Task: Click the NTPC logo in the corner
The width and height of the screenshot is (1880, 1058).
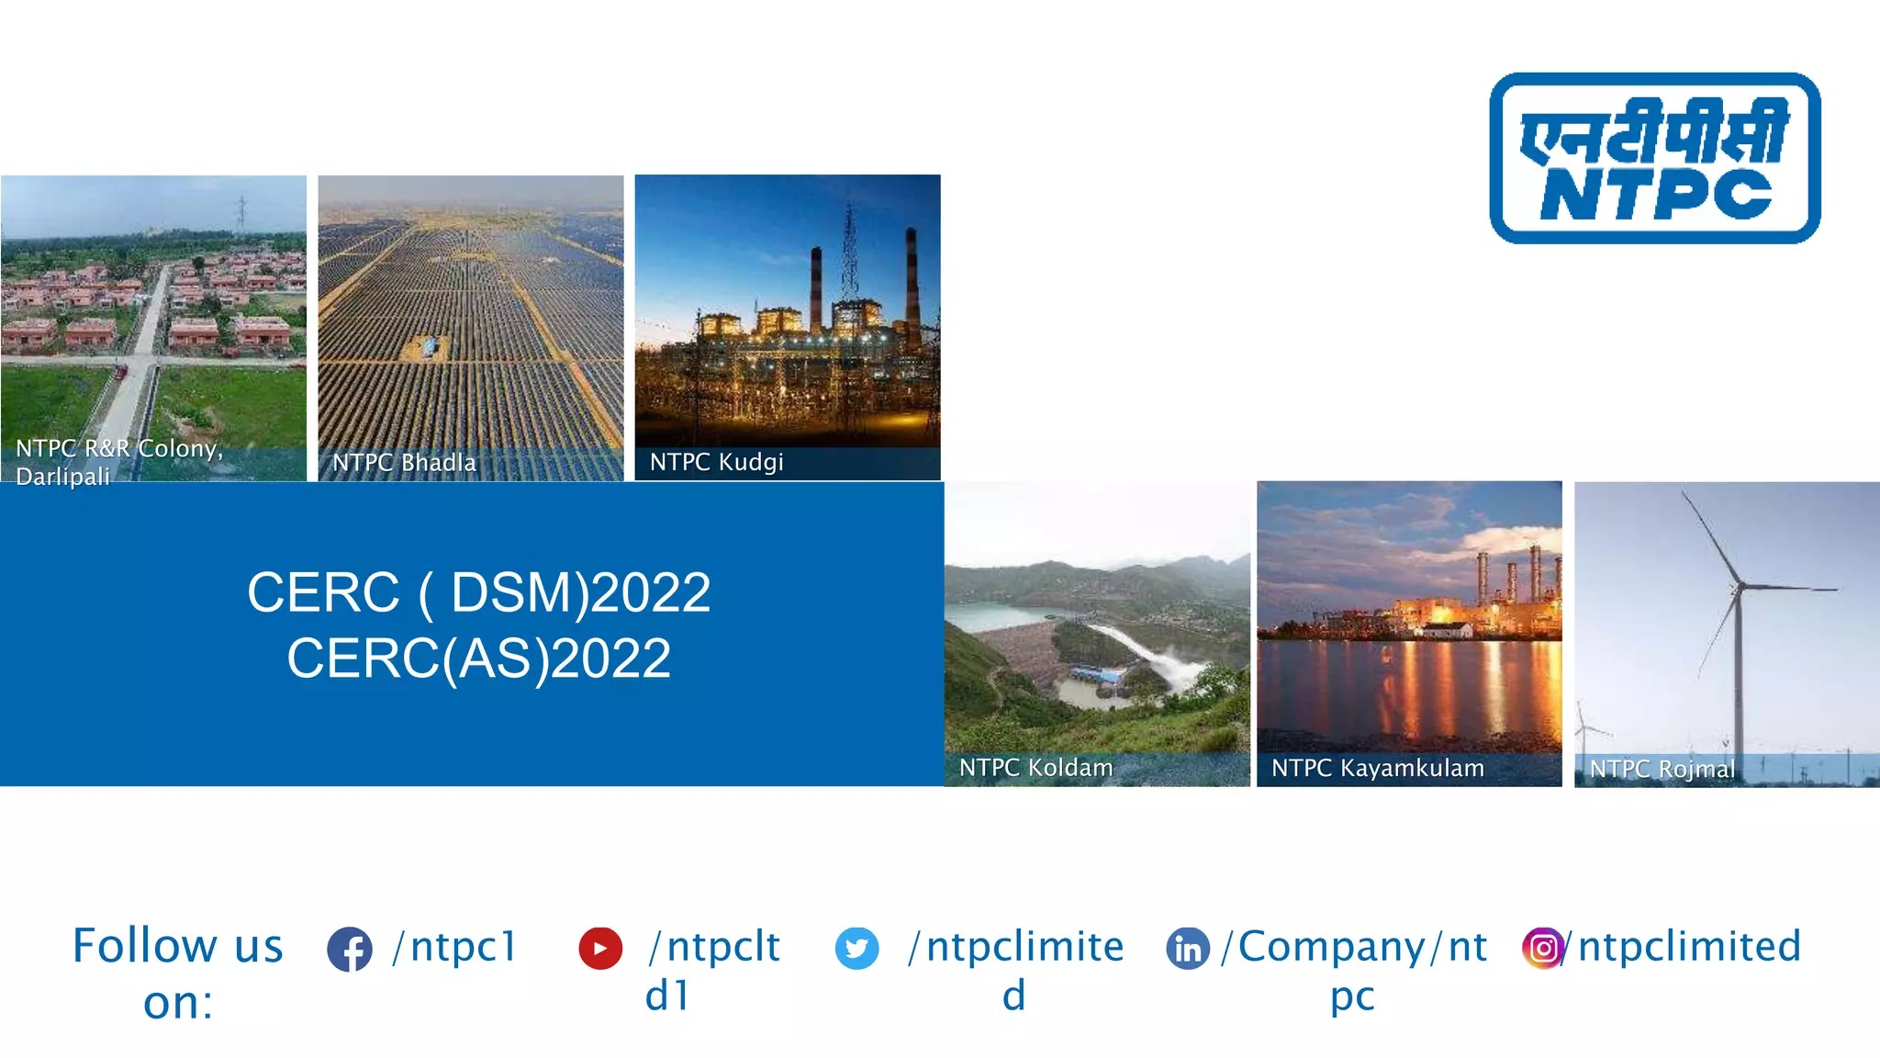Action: click(x=1654, y=158)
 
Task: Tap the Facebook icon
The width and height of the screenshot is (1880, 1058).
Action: click(x=350, y=949)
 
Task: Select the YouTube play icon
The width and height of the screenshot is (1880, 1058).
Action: click(x=600, y=948)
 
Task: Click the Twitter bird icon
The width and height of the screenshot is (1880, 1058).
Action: click(x=856, y=948)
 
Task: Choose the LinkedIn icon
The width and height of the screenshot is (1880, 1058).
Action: click(x=1188, y=948)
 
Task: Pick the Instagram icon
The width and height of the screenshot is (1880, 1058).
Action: click(x=1543, y=948)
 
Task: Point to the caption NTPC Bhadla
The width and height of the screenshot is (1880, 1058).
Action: click(x=404, y=462)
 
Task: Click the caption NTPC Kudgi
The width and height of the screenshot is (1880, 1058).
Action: click(x=716, y=462)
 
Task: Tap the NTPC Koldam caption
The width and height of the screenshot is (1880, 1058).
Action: click(x=1035, y=768)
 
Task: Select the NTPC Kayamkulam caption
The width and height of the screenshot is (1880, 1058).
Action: click(x=1377, y=768)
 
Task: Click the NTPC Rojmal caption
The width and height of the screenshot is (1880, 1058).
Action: click(x=1662, y=769)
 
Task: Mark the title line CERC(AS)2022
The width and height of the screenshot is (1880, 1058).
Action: click(x=478, y=658)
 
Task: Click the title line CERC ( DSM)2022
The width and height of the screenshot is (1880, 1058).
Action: click(x=478, y=592)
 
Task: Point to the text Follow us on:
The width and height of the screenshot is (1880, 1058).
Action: click(x=177, y=973)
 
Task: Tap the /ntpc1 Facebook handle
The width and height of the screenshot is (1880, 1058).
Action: click(x=455, y=946)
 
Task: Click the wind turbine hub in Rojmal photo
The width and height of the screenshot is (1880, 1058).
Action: click(x=1736, y=586)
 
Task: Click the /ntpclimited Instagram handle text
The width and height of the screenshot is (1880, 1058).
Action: click(x=1689, y=946)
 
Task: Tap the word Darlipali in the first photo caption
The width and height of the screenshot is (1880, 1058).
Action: click(x=62, y=477)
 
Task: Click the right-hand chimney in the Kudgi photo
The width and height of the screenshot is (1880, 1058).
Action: click(x=912, y=276)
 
